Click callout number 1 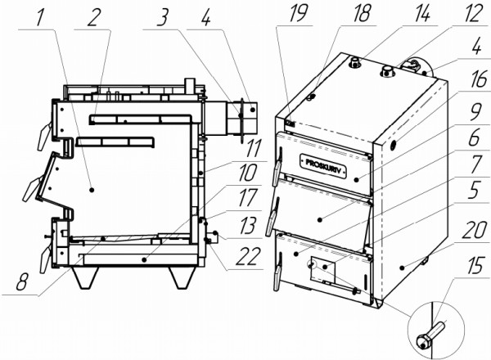tap(39, 17)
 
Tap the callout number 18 tap(363, 13)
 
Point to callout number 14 tap(421, 12)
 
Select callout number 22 tap(248, 257)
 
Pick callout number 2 tap(92, 18)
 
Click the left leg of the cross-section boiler tap(84, 277)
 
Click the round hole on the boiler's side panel tap(394, 144)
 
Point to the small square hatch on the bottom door tap(322, 269)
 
